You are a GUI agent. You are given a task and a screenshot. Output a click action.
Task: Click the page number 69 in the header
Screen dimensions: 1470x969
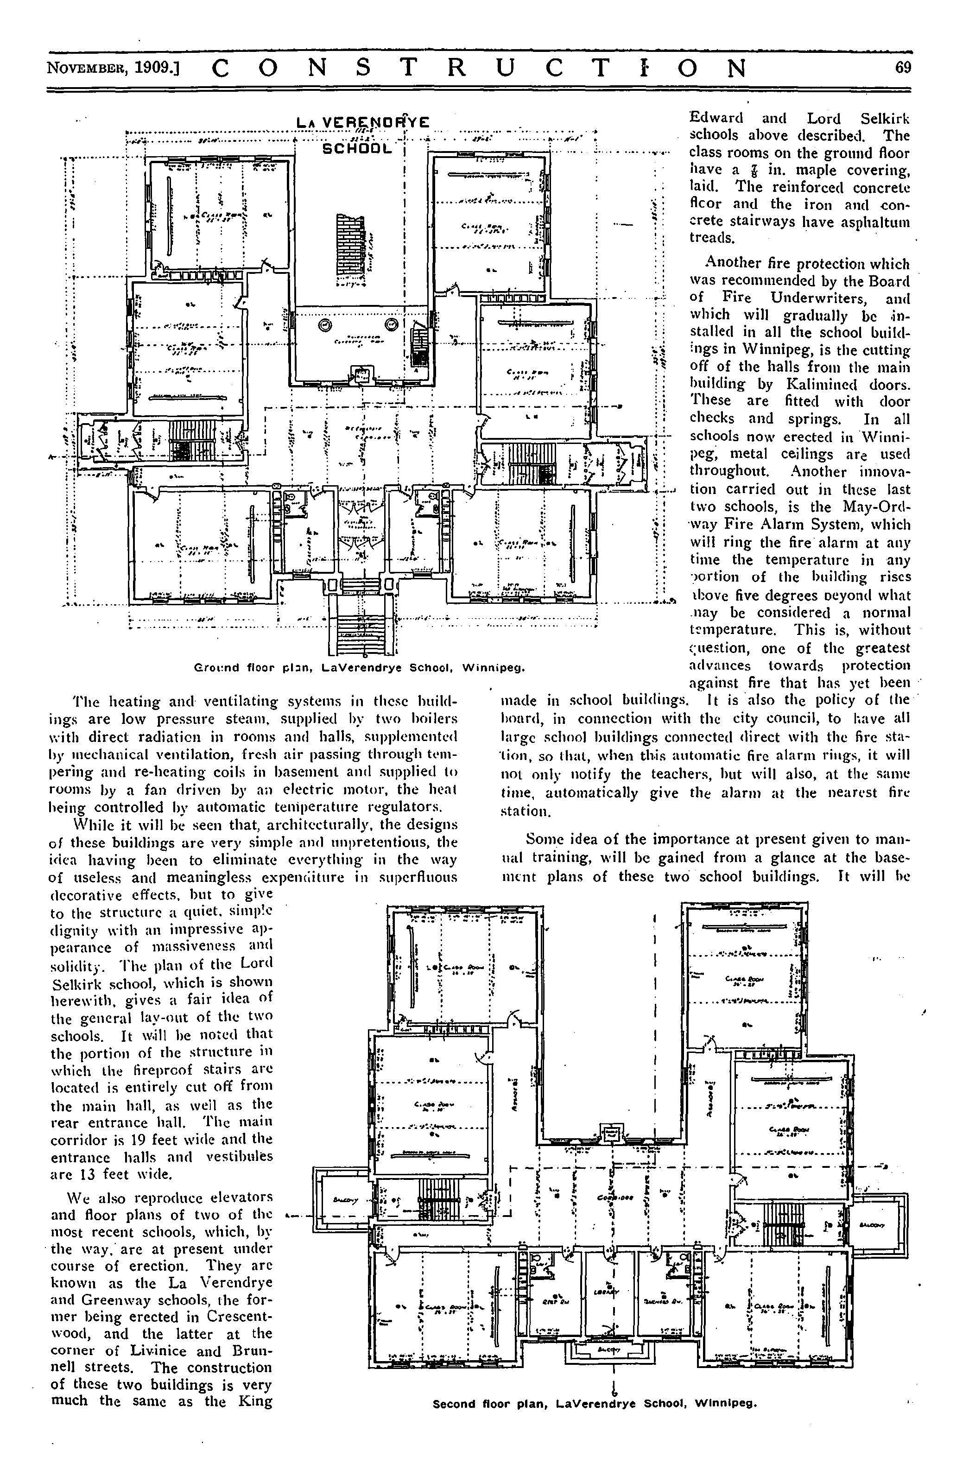click(x=902, y=67)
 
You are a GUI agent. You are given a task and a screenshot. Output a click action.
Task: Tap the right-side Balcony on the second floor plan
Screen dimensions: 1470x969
click(x=878, y=1224)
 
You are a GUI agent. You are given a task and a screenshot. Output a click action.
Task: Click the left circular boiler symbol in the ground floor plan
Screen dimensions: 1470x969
click(x=324, y=325)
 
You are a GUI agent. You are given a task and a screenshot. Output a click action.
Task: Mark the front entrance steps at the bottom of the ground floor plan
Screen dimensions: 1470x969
click(x=361, y=621)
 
